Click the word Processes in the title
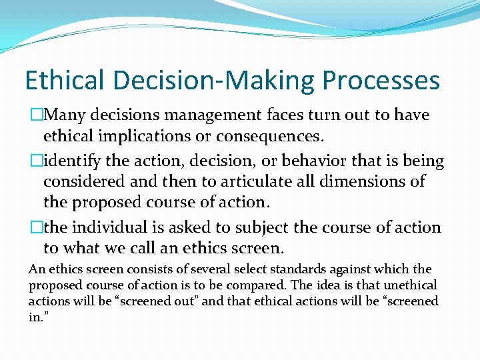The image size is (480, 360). [381, 81]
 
